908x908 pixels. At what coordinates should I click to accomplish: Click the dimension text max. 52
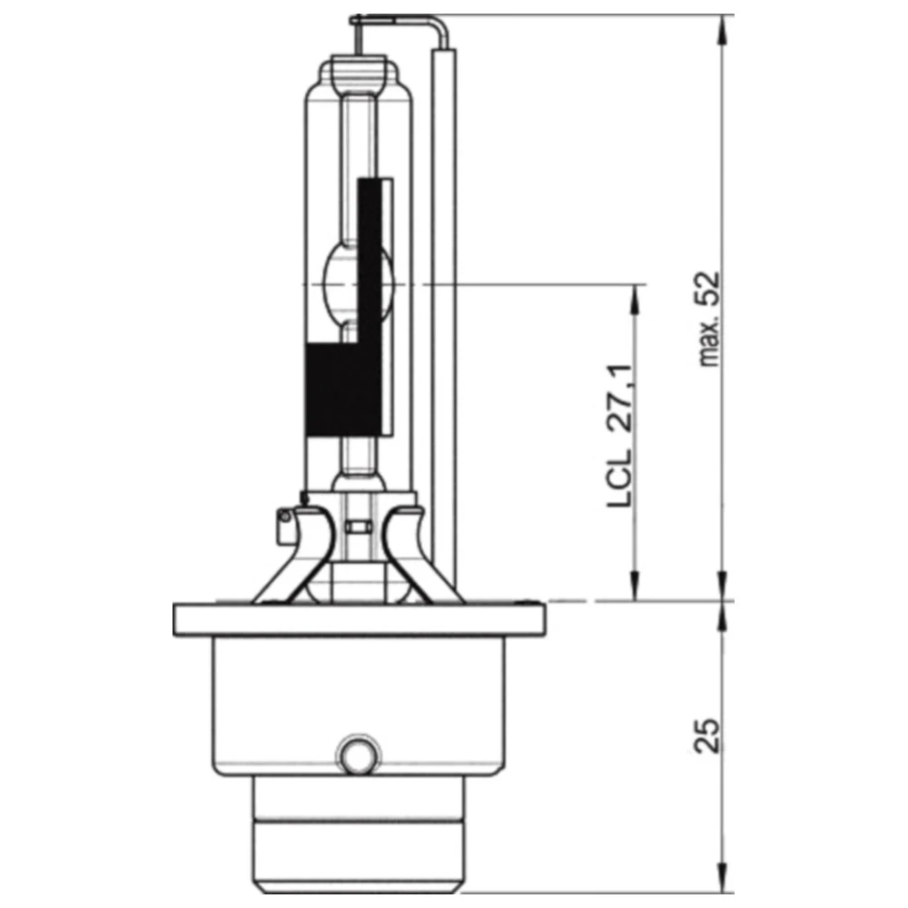tap(709, 319)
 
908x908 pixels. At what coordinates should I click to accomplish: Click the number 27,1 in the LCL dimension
tap(619, 397)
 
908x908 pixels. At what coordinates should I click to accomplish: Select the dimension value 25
tap(709, 736)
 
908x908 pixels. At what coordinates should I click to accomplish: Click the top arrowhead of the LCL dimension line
tap(634, 294)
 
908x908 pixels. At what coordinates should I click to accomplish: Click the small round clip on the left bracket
tap(284, 518)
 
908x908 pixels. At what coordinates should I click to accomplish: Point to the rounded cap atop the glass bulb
tap(360, 71)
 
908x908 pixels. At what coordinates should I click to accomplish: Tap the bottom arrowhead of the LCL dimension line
tap(634, 590)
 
